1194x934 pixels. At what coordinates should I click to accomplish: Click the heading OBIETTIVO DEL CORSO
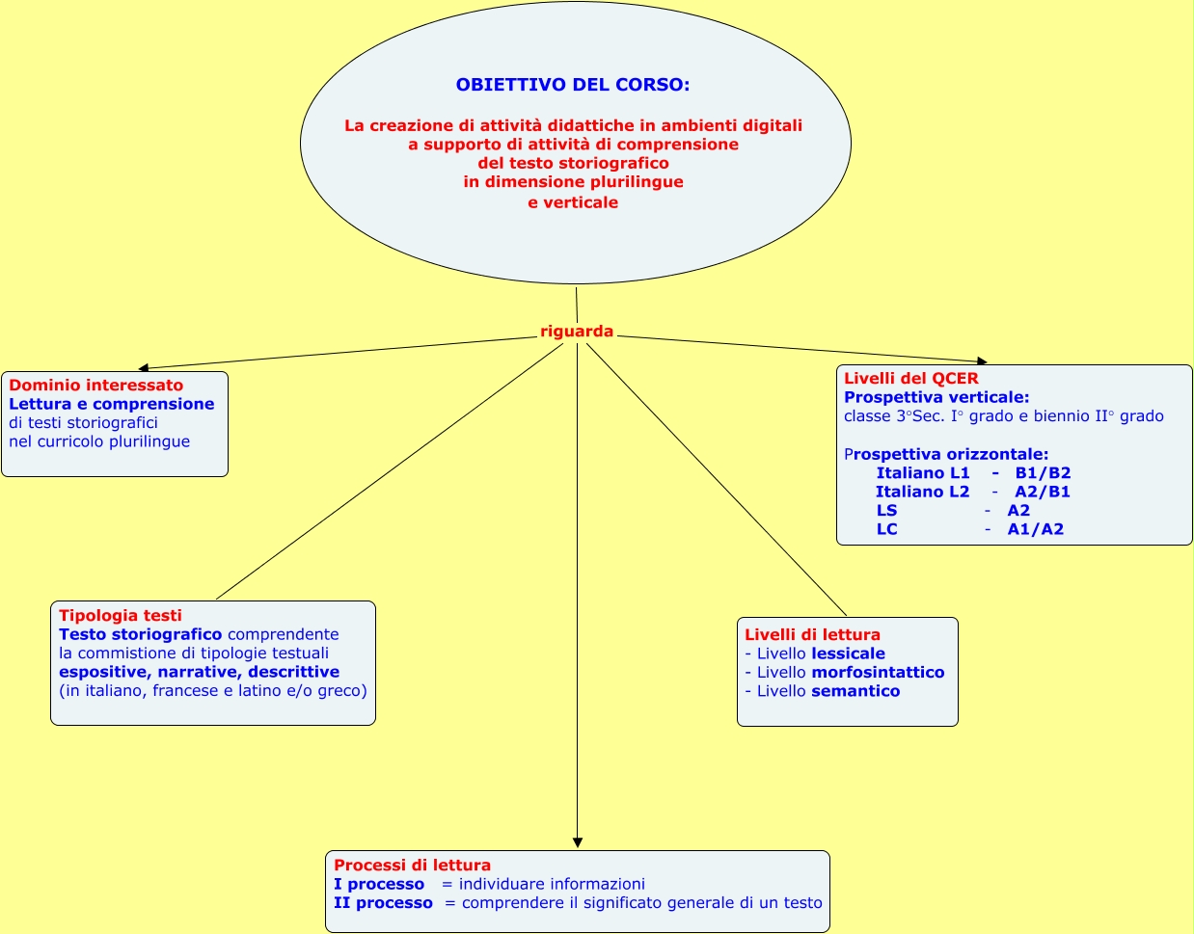pyautogui.click(x=573, y=85)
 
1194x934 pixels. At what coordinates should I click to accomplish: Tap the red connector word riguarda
pyautogui.click(x=577, y=332)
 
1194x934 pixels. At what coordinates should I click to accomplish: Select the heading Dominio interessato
pyautogui.click(x=95, y=386)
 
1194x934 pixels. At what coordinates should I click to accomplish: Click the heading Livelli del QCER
pyautogui.click(x=910, y=379)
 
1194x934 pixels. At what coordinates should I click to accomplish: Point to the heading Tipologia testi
pyautogui.click(x=120, y=616)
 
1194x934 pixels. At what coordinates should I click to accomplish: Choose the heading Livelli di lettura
pyautogui.click(x=812, y=635)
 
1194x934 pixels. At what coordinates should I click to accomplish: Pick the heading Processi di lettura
pyautogui.click(x=412, y=866)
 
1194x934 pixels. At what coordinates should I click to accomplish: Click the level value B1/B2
pyautogui.click(x=1043, y=473)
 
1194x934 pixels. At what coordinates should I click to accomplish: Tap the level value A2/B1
pyautogui.click(x=1043, y=492)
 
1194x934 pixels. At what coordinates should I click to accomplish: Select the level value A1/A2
pyautogui.click(x=1035, y=529)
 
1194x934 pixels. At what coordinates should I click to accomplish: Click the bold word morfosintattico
pyautogui.click(x=878, y=673)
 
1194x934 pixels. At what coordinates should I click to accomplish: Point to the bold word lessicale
pyautogui.click(x=848, y=654)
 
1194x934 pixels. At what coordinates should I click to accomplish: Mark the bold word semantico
pyautogui.click(x=855, y=691)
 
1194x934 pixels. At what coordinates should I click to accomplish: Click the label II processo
pyautogui.click(x=383, y=903)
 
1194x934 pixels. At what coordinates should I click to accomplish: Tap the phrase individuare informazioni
pyautogui.click(x=552, y=884)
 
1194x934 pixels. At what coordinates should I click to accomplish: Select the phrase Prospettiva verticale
pyautogui.click(x=936, y=397)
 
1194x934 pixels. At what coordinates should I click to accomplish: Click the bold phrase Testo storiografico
pyautogui.click(x=140, y=634)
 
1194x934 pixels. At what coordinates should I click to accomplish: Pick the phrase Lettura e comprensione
pyautogui.click(x=112, y=404)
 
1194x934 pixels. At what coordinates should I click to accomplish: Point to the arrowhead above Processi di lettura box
pyautogui.click(x=578, y=842)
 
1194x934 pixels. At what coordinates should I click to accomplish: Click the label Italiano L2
pyautogui.click(x=922, y=492)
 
